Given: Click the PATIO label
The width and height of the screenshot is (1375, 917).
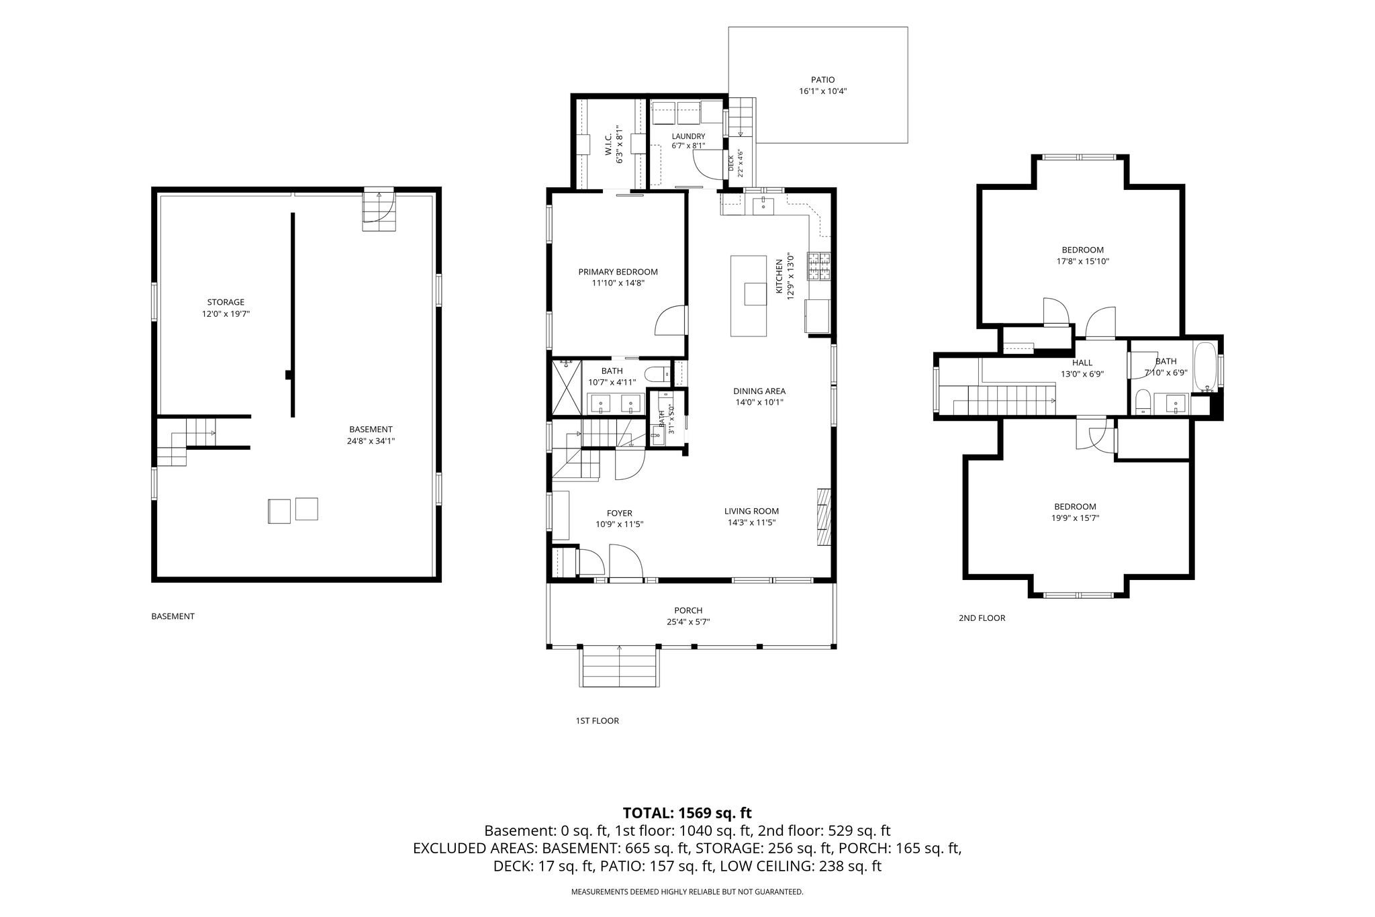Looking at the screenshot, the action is [822, 80].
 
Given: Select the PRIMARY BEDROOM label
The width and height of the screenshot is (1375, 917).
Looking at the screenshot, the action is [618, 272].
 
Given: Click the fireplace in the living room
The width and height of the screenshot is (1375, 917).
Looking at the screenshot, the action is [824, 518].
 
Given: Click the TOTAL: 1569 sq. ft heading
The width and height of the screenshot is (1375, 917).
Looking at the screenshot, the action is [687, 813].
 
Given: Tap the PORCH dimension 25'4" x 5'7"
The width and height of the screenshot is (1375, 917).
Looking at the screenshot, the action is [688, 622].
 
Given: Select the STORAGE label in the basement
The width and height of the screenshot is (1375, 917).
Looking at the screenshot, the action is [226, 302].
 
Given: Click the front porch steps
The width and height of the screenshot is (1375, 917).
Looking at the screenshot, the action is [618, 666].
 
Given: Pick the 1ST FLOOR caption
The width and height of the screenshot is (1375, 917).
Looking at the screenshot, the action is [597, 721].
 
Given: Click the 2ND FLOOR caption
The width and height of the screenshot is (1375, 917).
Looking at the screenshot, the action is [982, 618].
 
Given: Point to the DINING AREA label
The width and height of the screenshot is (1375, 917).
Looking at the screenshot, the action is [759, 391].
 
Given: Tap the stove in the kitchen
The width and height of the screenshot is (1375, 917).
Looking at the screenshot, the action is [819, 266].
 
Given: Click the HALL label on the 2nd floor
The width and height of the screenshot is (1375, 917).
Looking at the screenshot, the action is [1082, 363].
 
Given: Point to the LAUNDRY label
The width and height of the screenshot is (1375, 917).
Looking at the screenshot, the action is [688, 136].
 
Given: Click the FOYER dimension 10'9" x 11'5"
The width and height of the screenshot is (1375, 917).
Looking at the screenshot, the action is [619, 524].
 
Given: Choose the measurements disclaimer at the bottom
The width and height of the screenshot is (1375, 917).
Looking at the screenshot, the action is [687, 892].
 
